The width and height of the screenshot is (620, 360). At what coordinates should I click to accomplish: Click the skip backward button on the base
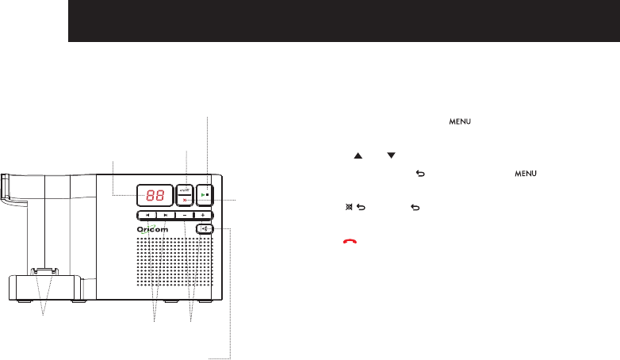(x=147, y=215)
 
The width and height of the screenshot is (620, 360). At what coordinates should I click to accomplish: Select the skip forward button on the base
(x=165, y=215)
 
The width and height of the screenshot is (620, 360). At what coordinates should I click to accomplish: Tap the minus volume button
(x=184, y=215)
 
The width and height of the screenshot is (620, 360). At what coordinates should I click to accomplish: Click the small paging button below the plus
(x=206, y=229)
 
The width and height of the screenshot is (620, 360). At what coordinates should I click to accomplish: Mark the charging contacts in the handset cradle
(x=44, y=272)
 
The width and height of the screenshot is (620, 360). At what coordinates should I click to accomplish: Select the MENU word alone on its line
(x=461, y=121)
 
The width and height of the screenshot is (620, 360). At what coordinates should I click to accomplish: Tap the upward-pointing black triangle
(x=357, y=156)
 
